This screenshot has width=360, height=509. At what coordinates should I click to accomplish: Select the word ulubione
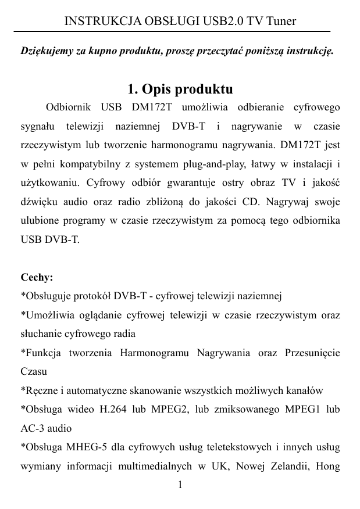[38, 220]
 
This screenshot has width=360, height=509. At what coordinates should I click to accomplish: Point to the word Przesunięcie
[311, 353]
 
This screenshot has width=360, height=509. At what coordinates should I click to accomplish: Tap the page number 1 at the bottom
[180, 485]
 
